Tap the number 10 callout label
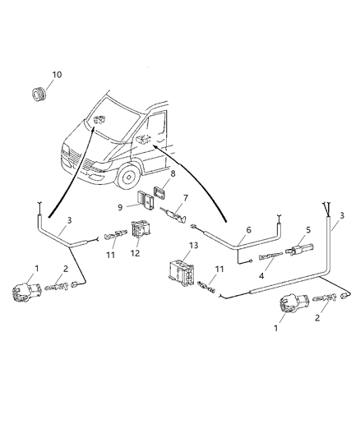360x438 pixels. tap(57, 75)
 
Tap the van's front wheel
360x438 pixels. tap(128, 176)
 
